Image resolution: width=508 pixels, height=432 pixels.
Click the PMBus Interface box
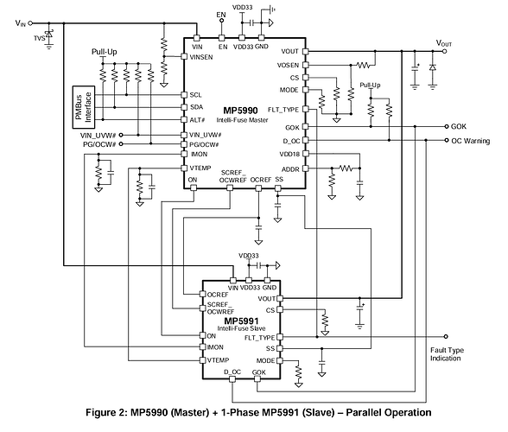pyautogui.click(x=84, y=107)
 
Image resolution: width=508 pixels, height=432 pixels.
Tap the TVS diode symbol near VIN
pyautogui.click(x=49, y=34)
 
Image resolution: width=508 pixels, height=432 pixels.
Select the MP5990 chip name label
pyautogui.click(x=240, y=111)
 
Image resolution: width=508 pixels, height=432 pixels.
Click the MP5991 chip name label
pyautogui.click(x=241, y=321)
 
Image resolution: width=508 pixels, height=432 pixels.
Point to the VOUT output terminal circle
pyautogui.click(x=445, y=51)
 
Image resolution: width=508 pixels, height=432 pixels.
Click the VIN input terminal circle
pyautogui.click(x=30, y=23)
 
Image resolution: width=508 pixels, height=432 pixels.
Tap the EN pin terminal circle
pyautogui.click(x=221, y=21)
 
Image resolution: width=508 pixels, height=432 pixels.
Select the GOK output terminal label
pyautogui.click(x=459, y=126)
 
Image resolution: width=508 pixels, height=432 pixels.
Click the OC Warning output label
pyautogui.click(x=470, y=141)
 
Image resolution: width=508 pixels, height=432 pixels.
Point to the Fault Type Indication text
pyautogui.click(x=447, y=354)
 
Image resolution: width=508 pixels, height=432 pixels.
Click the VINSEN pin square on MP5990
pyautogui.click(x=184, y=57)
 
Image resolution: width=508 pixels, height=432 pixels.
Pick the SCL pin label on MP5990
pyautogui.click(x=195, y=95)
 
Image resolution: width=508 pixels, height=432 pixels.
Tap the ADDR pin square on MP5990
pyautogui.click(x=306, y=168)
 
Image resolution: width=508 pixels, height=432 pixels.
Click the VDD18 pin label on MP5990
pyautogui.click(x=289, y=155)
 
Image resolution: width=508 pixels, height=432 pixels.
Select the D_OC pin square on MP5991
pyautogui.click(x=232, y=379)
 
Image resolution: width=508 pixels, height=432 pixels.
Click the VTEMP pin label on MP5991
pyautogui.click(x=218, y=360)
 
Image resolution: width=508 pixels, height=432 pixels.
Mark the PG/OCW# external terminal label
pyautogui.click(x=99, y=144)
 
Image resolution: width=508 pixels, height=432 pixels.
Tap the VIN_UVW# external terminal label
pyautogui.click(x=98, y=135)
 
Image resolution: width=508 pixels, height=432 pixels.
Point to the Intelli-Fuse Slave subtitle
pyautogui.click(x=241, y=328)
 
